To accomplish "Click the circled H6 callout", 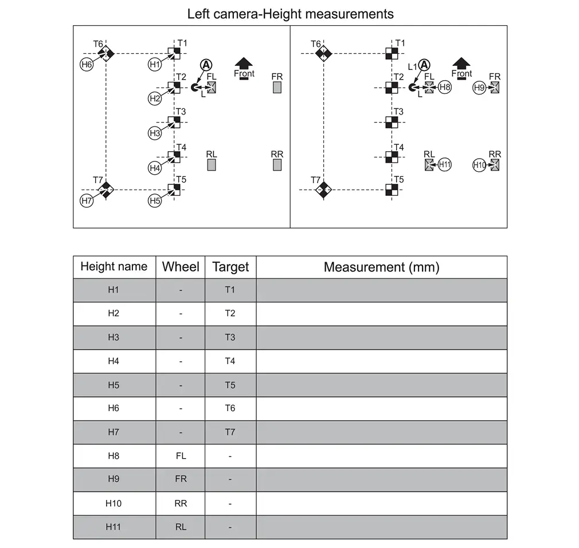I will (x=86, y=64).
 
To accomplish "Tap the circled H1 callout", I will (x=155, y=64).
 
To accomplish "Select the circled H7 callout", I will (x=86, y=200).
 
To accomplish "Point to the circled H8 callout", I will (x=445, y=88).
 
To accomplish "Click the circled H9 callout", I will (x=480, y=88).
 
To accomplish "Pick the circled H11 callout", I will (x=445, y=165).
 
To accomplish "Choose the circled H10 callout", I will (x=480, y=165).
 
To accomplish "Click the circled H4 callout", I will (x=155, y=167).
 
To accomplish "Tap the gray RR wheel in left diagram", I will (x=277, y=165).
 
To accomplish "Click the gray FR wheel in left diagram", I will (x=277, y=88).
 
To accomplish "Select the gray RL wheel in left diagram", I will (x=211, y=165).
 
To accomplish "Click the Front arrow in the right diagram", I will (x=461, y=65).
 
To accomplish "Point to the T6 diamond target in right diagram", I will (x=324, y=54).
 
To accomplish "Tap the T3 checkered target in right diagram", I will (x=392, y=121).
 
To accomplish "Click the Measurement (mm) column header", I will (x=381, y=267).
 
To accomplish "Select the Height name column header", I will (x=114, y=267).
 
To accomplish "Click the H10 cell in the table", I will (x=114, y=503).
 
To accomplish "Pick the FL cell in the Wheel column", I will (x=181, y=456).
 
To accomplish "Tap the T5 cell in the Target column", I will (x=230, y=385).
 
